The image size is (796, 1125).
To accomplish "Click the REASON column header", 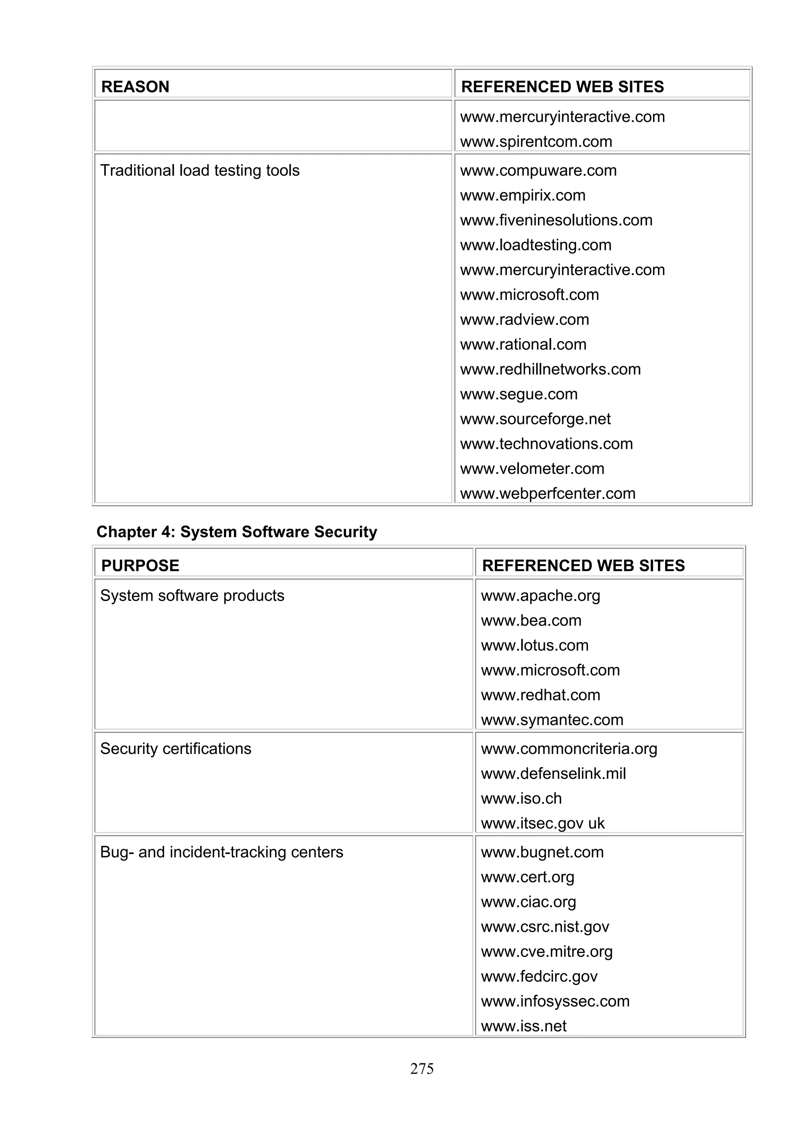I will click(135, 87).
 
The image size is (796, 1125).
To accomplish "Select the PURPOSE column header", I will click(140, 566).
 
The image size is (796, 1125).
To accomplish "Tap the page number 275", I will click(422, 1069).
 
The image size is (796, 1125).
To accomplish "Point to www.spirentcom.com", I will click(536, 142).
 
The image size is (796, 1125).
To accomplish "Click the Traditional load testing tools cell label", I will click(200, 170).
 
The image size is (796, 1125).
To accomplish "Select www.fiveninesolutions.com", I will click(556, 220).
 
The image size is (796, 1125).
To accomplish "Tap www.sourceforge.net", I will click(535, 419).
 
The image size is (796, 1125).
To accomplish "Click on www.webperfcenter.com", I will click(547, 493).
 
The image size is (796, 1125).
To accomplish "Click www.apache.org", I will click(541, 595).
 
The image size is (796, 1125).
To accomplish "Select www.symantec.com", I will click(552, 720).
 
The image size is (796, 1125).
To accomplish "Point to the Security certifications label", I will click(176, 749).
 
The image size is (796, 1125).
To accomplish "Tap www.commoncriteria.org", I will click(569, 749).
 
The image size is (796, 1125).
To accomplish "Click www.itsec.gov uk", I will click(543, 823).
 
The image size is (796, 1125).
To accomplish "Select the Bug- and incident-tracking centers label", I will click(221, 852).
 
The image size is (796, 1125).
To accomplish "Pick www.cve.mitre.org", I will click(546, 951).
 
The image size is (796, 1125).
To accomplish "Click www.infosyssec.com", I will click(555, 1001).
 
